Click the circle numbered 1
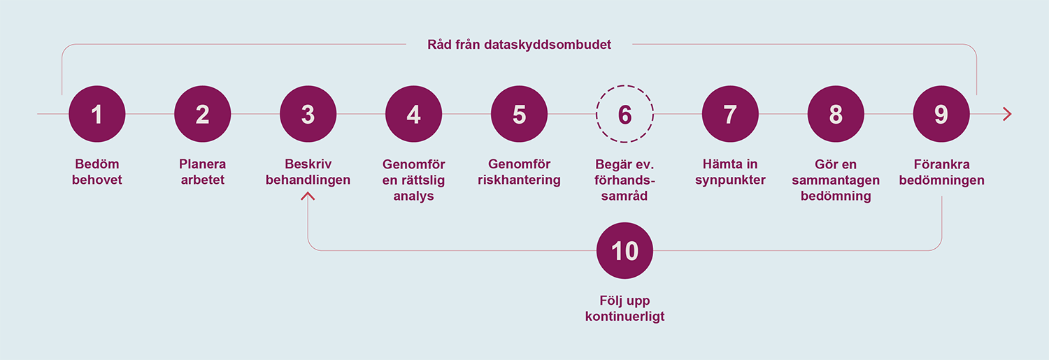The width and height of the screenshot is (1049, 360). pos(97,114)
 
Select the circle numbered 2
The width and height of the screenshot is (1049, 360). pos(202,114)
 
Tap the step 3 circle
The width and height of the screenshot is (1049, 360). pos(308,114)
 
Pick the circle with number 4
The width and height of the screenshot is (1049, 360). pos(413,114)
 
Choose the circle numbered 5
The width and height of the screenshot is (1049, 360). pos(519,114)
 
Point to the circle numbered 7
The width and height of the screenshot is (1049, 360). pos(730,114)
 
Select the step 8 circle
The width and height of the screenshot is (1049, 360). pos(836,114)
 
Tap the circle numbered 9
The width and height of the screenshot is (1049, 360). pos(941,114)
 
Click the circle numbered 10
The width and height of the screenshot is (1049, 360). pos(625,250)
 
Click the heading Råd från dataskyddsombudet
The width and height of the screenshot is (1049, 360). pos(519,45)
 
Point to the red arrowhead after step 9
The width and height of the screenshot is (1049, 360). pos(1007,114)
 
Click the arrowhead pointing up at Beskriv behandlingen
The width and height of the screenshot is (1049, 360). pos(308,196)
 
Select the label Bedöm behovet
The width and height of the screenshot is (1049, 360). pos(97,172)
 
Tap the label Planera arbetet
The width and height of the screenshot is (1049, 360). pos(202,172)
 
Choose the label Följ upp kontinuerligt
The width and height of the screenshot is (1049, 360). pos(625,308)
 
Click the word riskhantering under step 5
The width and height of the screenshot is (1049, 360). pos(519,180)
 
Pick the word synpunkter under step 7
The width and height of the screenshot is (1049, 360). pos(730,180)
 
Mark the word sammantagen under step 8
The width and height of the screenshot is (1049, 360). pos(836,180)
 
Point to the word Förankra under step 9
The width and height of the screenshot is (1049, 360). pos(941,164)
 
